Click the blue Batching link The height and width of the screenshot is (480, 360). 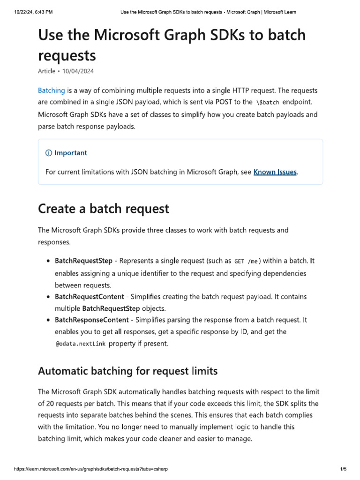[x=51, y=90]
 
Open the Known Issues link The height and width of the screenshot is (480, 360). [x=275, y=172]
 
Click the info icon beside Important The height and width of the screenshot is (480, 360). [x=48, y=153]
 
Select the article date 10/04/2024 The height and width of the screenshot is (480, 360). [x=81, y=71]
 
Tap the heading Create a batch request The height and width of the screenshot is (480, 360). [x=103, y=208]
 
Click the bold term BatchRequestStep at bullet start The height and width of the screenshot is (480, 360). [x=83, y=261]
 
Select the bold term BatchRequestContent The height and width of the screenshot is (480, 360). [x=89, y=297]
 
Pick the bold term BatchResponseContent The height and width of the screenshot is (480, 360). [x=91, y=320]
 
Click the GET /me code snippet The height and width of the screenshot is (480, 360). [x=246, y=261]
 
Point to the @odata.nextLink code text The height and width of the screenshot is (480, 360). [x=80, y=344]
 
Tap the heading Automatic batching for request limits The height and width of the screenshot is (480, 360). [x=127, y=371]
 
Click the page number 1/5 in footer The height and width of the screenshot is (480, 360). [x=343, y=469]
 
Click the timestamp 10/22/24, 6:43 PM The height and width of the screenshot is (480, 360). [x=33, y=11]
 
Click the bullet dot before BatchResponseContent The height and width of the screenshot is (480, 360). [x=48, y=320]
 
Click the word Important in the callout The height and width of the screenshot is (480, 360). [x=71, y=153]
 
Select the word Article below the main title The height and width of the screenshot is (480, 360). [x=46, y=71]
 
